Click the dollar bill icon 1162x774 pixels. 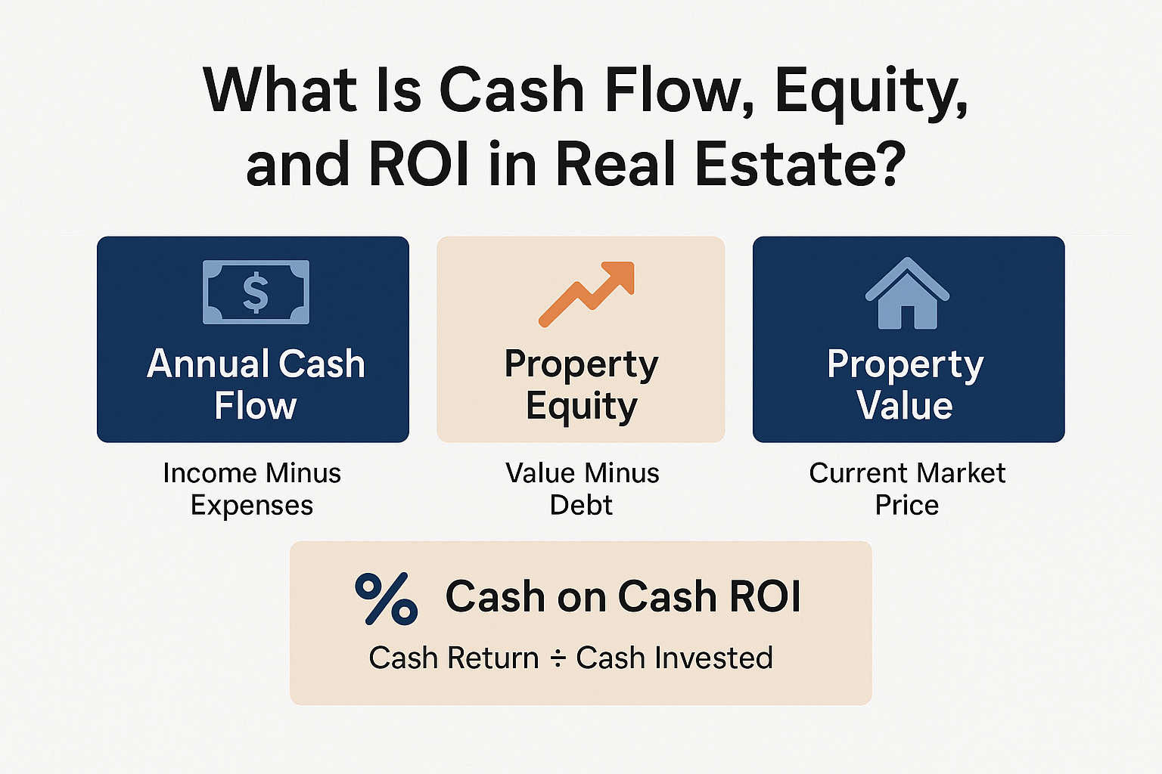(256, 293)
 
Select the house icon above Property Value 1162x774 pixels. (907, 293)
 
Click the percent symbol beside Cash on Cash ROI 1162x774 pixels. (387, 599)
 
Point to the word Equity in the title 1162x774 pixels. (871, 92)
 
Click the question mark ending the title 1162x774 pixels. (889, 164)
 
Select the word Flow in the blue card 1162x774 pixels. (256, 405)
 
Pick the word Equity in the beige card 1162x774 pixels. (582, 407)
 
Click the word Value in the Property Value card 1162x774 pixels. (905, 405)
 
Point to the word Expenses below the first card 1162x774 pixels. (252, 506)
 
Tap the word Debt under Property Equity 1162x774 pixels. (581, 504)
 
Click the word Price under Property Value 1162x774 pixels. (907, 504)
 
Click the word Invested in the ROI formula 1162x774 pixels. (714, 658)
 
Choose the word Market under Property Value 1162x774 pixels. (961, 473)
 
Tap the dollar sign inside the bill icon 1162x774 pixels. (256, 293)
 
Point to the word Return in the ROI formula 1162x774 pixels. (493, 658)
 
